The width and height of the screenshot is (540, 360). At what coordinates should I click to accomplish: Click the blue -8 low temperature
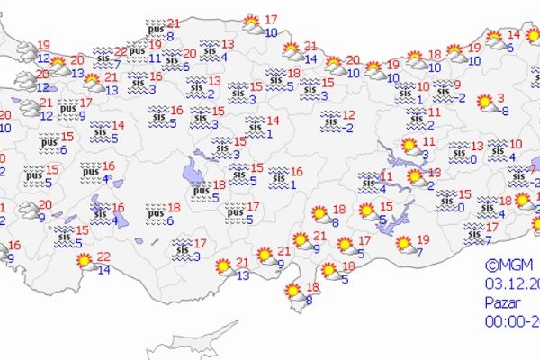tap(505, 112)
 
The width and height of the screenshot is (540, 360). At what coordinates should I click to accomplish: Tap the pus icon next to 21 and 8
tap(152, 30)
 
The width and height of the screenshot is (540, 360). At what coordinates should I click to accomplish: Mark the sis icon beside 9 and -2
tap(441, 91)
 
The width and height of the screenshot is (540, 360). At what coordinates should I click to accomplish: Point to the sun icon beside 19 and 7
tap(404, 244)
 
